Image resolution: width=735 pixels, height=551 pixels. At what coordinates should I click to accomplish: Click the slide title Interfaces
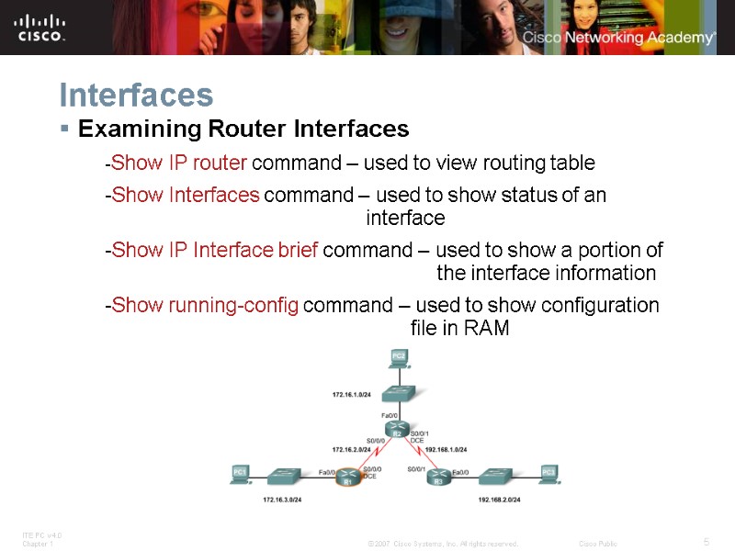tap(136, 95)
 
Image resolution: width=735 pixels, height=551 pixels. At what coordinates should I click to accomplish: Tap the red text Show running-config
tap(204, 305)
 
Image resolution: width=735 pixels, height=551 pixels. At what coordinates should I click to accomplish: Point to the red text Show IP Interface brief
tap(214, 250)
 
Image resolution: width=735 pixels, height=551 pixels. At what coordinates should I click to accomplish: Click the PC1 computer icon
tap(241, 473)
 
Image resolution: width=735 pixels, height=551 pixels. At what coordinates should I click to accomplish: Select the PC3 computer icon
tap(548, 473)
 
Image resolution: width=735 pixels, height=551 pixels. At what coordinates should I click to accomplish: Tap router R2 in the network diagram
tap(398, 433)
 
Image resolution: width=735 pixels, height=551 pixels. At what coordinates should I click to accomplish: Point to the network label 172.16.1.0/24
tap(351, 395)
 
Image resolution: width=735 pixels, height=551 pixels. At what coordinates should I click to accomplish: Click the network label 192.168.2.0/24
tap(500, 500)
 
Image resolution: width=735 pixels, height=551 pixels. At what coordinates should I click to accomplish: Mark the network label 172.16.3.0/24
tap(282, 500)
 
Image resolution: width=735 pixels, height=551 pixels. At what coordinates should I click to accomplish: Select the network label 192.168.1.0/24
tap(447, 450)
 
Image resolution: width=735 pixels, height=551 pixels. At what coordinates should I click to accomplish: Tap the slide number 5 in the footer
tap(706, 541)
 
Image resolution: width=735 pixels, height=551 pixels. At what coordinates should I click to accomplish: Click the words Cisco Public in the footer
tap(598, 544)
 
